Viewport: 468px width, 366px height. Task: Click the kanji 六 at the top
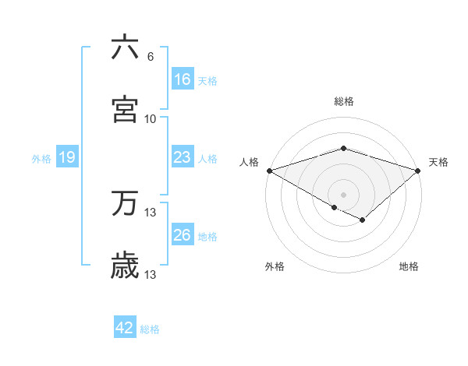pos(126,48)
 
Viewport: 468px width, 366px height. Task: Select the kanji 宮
pos(126,110)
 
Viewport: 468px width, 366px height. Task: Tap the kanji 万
pos(126,205)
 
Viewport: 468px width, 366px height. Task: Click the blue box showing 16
pos(183,79)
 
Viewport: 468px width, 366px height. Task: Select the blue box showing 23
pos(183,157)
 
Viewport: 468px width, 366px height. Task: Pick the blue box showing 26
pos(183,235)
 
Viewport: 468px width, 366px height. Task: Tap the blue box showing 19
pos(67,157)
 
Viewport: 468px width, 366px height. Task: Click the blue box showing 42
pos(125,328)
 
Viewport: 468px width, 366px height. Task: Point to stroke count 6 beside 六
pos(150,57)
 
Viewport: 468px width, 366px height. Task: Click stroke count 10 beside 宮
pos(151,119)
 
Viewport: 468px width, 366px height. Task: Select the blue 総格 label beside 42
pos(150,329)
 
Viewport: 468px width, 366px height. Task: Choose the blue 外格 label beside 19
pos(41,159)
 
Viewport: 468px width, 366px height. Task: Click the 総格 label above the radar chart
pos(344,101)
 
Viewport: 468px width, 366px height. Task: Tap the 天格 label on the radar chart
pos(439,162)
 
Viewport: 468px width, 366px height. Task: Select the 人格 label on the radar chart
pos(249,162)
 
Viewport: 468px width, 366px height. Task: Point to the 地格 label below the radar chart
pos(409,267)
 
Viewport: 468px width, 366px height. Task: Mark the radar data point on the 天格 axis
pos(419,171)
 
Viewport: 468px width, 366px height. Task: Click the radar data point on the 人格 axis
pos(269,171)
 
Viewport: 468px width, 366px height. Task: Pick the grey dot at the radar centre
pos(344,194)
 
